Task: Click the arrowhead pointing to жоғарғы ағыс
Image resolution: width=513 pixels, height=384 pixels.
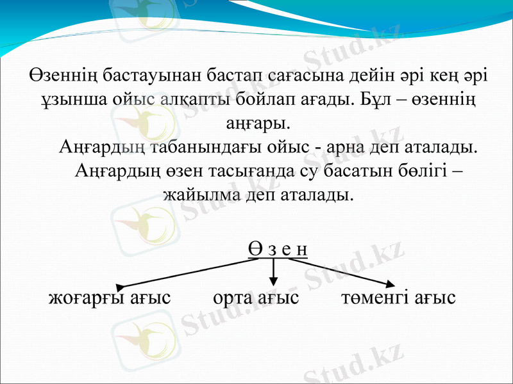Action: click(x=121, y=285)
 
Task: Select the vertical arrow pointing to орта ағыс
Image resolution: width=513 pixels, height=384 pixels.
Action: click(x=274, y=273)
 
